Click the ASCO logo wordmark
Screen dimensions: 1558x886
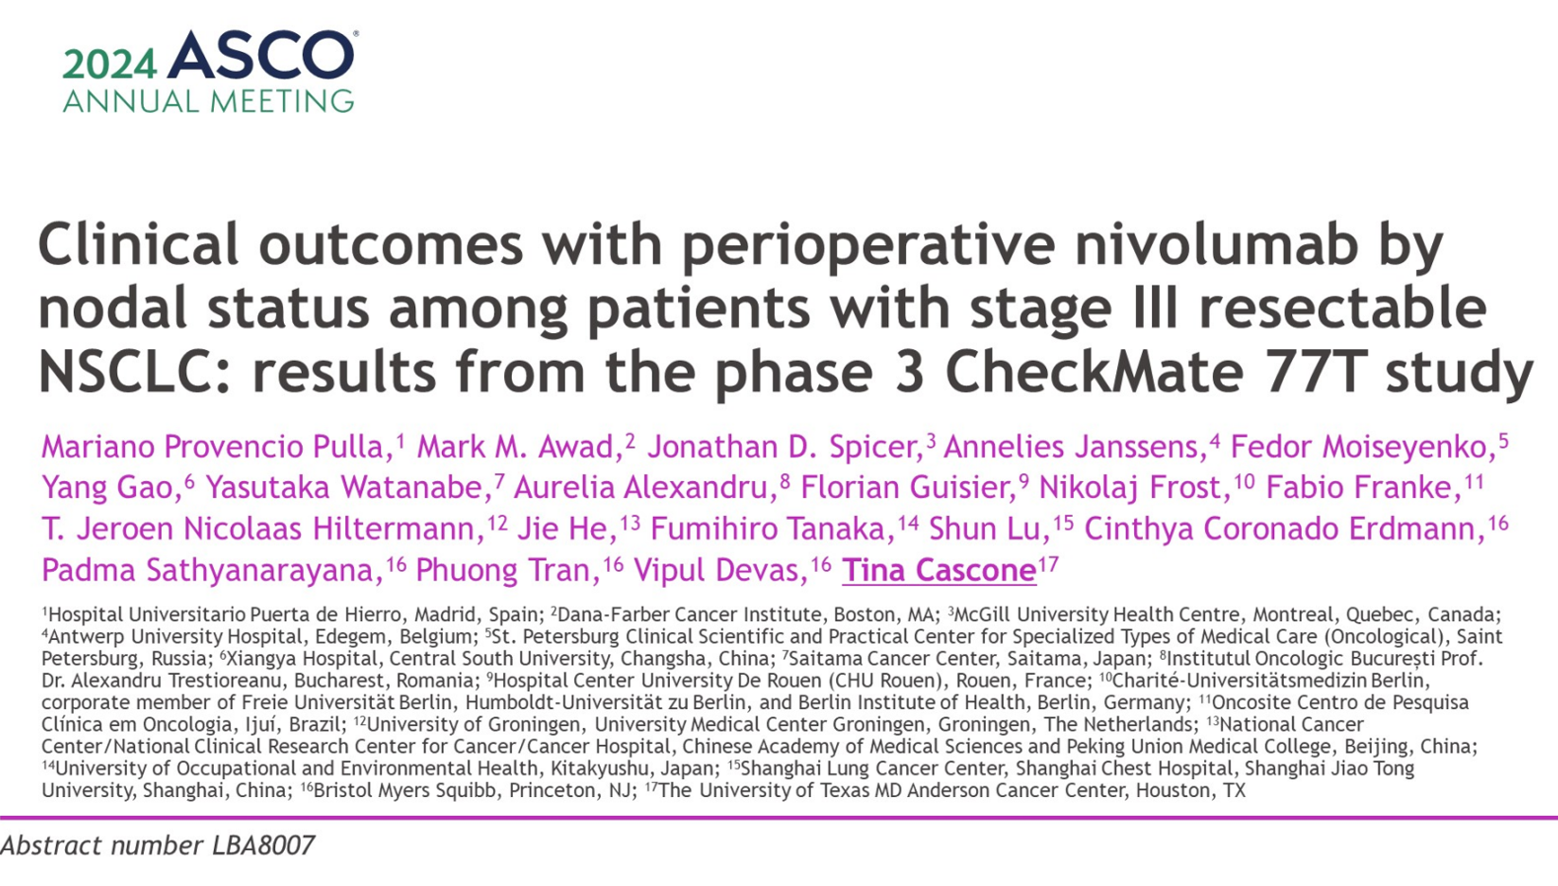(x=261, y=55)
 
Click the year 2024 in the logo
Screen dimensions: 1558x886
(x=110, y=65)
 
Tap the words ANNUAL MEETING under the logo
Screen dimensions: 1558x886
(x=208, y=101)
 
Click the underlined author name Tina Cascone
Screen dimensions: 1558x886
(x=939, y=570)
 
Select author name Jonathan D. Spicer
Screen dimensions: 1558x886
(x=785, y=447)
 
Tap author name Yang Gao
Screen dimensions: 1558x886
(x=107, y=487)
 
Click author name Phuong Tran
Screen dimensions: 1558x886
(x=503, y=570)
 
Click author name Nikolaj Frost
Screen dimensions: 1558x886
(x=1129, y=487)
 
